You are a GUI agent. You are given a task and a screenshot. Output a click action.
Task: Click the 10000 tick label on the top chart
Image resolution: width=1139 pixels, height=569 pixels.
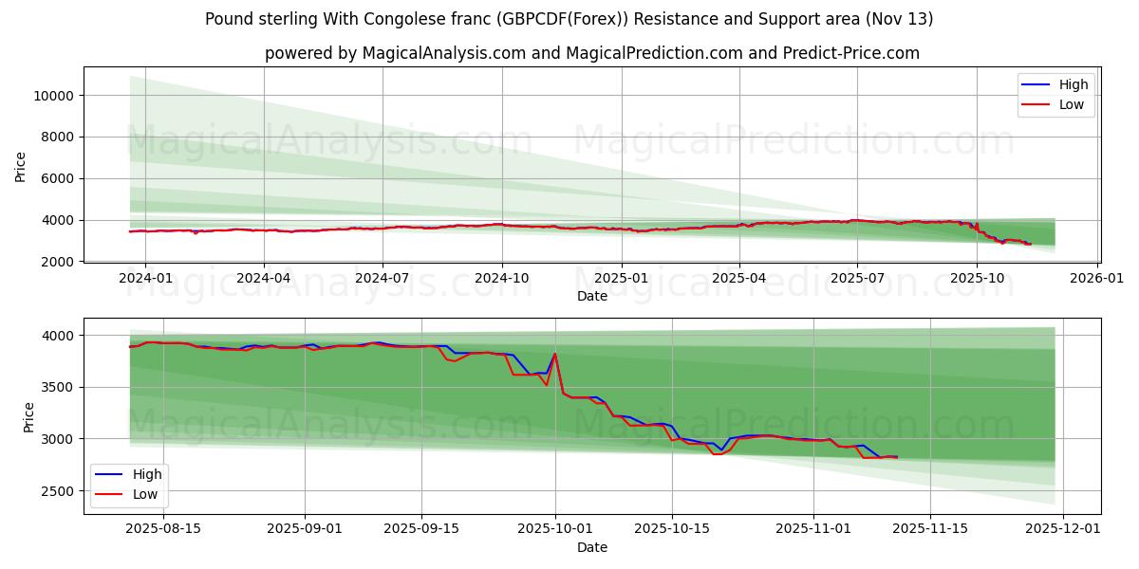coord(55,96)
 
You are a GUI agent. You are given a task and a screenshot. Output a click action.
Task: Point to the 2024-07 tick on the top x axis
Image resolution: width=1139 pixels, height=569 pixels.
coord(383,279)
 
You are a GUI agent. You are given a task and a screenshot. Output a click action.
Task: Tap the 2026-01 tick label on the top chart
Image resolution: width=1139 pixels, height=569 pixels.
coord(1097,279)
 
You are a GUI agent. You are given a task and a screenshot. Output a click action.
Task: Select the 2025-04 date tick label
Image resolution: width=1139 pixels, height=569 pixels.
coord(739,279)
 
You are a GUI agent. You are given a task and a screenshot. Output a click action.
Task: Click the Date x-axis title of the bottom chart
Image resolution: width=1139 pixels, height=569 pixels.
coord(591,547)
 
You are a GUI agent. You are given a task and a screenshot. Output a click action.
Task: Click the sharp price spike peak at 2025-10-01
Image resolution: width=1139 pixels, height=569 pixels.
coord(554,355)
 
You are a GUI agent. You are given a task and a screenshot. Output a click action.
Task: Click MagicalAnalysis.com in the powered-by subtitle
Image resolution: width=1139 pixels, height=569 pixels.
coord(444,53)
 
